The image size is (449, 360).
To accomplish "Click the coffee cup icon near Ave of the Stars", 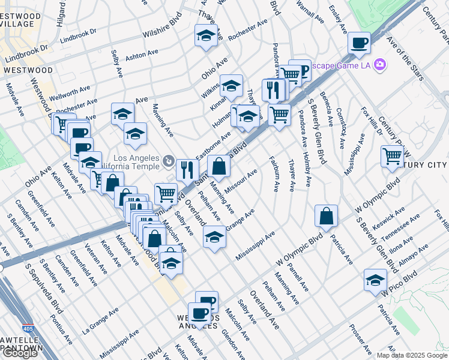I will (x=359, y=43).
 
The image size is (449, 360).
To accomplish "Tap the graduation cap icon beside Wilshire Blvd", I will (x=206, y=35).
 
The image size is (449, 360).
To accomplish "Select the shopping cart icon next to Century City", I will (x=392, y=155).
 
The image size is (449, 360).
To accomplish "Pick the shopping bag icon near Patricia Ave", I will (x=326, y=216).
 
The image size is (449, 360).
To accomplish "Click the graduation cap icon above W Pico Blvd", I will (x=375, y=280).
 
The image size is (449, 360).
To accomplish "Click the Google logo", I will (x=19, y=353).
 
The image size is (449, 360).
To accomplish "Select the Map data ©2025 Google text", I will (x=412, y=355).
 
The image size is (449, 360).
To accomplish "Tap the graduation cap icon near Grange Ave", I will (x=214, y=237).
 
